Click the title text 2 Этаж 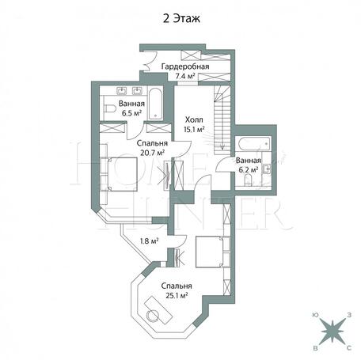click(x=181, y=19)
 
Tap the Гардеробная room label click(x=185, y=66)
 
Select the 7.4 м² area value click(x=185, y=77)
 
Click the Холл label click(x=194, y=120)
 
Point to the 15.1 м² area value click(x=194, y=129)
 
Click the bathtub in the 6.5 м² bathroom click(x=155, y=104)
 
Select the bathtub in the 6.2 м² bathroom click(x=254, y=144)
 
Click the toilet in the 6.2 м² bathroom click(x=248, y=180)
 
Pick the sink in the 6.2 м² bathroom click(x=267, y=169)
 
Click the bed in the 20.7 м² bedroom click(x=119, y=174)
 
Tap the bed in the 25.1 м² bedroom click(x=213, y=252)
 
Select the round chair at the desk click(x=153, y=316)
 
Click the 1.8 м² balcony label click(x=149, y=241)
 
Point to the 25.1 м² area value click(x=177, y=296)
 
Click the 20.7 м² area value click(x=153, y=153)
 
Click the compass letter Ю click(x=315, y=315)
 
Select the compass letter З click(x=349, y=315)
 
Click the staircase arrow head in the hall click(x=222, y=148)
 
